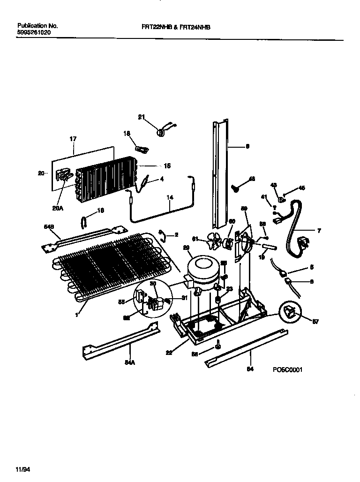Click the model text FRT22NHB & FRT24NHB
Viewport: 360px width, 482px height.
coord(176,28)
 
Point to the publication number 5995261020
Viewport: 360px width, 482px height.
coord(34,33)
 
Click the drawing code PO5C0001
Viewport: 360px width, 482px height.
coord(287,369)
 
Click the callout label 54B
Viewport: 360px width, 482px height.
coord(48,227)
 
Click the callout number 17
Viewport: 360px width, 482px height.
coord(73,139)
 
